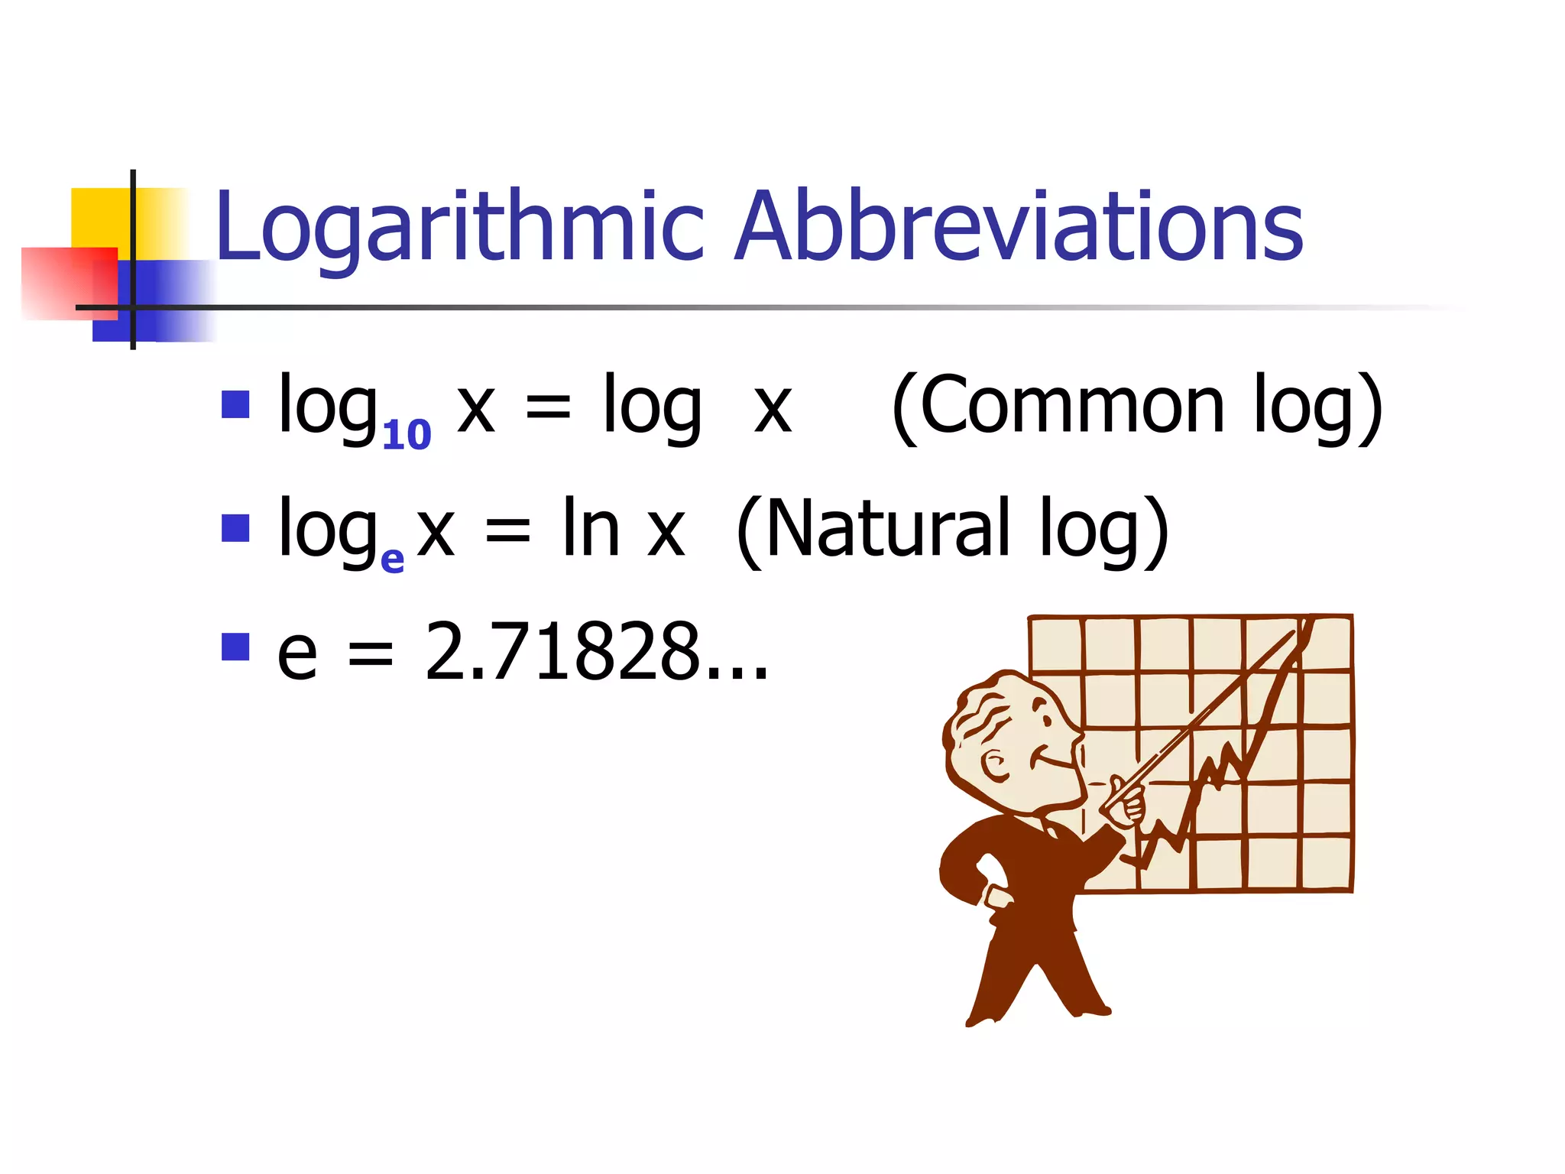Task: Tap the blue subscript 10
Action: (x=407, y=436)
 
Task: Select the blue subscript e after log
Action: (x=392, y=559)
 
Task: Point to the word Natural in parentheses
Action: (x=886, y=529)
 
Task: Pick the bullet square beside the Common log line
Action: (x=235, y=405)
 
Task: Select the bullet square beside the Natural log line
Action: (x=235, y=528)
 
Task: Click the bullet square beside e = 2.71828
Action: (x=235, y=647)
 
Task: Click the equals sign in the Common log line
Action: (x=548, y=409)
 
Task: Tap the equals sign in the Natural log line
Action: (x=507, y=531)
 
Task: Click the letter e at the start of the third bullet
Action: (x=297, y=653)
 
